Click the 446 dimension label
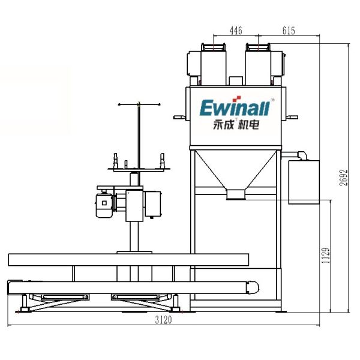point(236,31)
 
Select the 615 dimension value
point(289,31)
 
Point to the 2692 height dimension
point(344,178)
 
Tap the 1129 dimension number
point(326,256)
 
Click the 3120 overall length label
point(163,320)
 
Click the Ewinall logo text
point(235,107)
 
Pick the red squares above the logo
point(236,99)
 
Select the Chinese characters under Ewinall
point(236,125)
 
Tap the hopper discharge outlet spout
point(236,194)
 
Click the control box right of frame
point(304,182)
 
